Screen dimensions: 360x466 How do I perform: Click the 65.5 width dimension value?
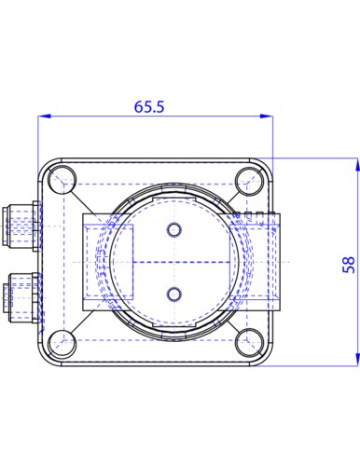pos(149,106)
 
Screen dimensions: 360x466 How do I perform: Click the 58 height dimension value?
pos(349,265)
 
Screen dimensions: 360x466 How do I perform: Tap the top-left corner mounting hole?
pos(62,179)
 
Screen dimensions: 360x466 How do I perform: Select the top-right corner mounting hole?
pos(249,181)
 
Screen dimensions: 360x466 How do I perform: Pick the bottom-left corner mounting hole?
pos(62,343)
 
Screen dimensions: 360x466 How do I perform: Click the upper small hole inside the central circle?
pos(174,230)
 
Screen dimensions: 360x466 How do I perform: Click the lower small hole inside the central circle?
pos(174,295)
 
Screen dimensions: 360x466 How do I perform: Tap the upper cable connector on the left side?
pos(21,226)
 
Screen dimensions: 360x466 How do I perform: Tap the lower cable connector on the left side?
pos(21,297)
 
